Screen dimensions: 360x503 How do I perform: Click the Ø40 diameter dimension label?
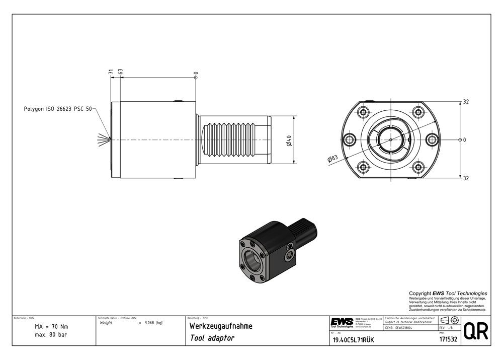[x=290, y=141]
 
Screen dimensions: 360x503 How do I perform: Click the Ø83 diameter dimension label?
[x=332, y=159]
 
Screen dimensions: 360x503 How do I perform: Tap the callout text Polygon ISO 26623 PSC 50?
[x=58, y=109]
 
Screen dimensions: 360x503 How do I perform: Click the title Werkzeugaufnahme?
[x=220, y=326]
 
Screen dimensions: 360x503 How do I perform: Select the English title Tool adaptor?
[x=212, y=338]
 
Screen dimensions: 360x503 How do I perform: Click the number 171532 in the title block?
[x=447, y=340]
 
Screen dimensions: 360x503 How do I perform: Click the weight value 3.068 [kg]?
[x=153, y=322]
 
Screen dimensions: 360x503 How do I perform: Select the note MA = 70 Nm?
[x=51, y=326]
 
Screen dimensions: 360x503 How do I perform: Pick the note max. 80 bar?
[x=51, y=334]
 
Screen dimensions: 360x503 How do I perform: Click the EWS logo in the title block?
[x=342, y=322]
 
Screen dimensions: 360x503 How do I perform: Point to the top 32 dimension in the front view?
[x=466, y=102]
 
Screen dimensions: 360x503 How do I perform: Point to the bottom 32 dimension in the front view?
[x=466, y=178]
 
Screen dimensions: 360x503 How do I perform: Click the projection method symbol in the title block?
[x=449, y=321]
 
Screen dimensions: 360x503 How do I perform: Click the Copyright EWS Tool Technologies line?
[x=448, y=293]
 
